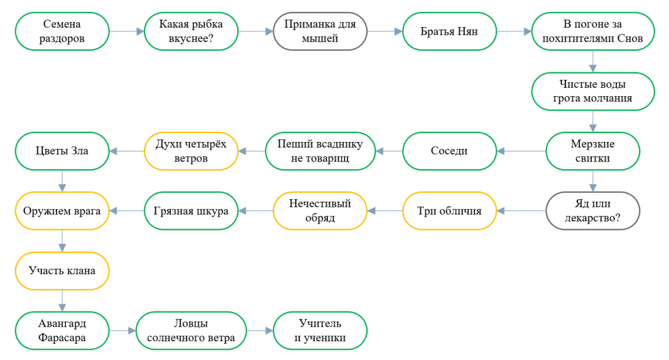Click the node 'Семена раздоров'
coord(62,31)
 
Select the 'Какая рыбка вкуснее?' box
coord(191,31)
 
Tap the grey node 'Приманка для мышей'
coord(320,31)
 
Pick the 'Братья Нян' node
coord(449,31)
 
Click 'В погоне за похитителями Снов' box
coord(592,31)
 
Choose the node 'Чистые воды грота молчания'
coord(592,91)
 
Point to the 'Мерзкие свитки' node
coord(592,151)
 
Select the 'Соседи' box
coord(449,151)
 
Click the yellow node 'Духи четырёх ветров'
coord(191,151)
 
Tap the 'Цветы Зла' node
coord(62,151)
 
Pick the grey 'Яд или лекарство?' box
coord(592,210)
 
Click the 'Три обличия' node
coord(449,210)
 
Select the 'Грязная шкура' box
coord(191,210)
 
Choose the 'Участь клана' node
coord(62,271)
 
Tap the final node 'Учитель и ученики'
coord(320,330)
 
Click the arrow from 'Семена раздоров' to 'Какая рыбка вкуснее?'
coord(127,31)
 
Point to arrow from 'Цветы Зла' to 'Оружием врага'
coord(62,181)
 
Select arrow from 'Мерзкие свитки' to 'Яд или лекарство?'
coord(592,181)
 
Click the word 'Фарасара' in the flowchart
coord(62,338)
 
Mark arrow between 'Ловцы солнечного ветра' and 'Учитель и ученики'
coord(260,330)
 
